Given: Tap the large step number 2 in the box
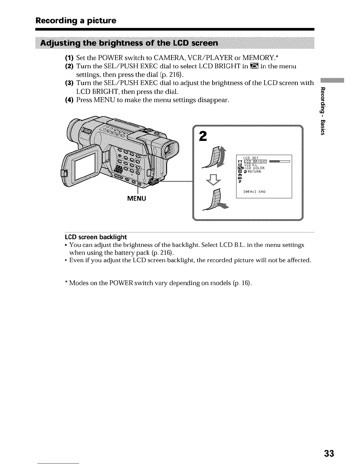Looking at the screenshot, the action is pos(203,136).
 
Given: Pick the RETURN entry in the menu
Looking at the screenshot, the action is pos(253,172).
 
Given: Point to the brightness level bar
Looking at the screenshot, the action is pos(279,161).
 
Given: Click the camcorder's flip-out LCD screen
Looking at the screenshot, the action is pos(85,167).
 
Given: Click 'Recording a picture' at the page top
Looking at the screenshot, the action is pos(76,21).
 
